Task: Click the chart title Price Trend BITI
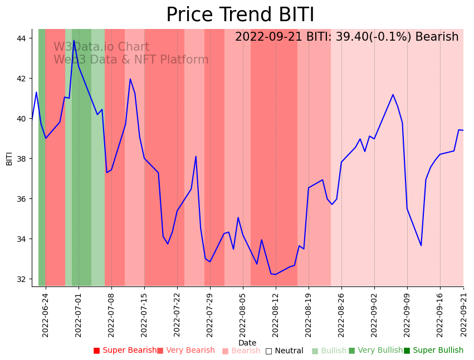[240, 15]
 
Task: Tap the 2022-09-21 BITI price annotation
[346, 37]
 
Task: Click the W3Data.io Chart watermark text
[101, 47]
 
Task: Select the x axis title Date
[247, 343]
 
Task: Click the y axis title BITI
[9, 159]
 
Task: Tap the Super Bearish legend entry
[125, 351]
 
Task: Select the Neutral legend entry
[285, 351]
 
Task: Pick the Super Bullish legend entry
[434, 351]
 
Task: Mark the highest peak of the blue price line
[74, 41]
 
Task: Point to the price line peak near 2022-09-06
[393, 95]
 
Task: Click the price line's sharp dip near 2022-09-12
[421, 245]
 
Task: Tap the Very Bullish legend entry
[375, 351]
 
